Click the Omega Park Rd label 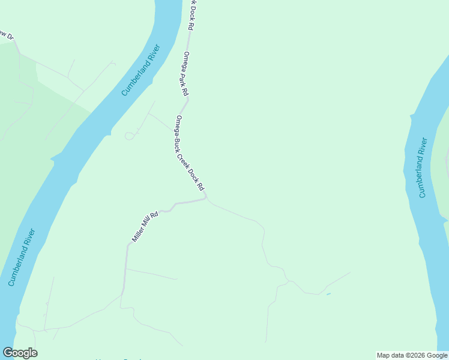pyautogui.click(x=185, y=74)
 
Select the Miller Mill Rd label pyautogui.click(x=145, y=226)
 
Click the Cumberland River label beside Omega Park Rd pyautogui.click(x=142, y=70)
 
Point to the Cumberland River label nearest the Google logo pyautogui.click(x=22, y=256)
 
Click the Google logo pyautogui.click(x=20, y=353)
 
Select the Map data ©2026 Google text pyautogui.click(x=412, y=355)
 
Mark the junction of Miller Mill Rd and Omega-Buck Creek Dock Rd pyautogui.click(x=205, y=196)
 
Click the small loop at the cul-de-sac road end pyautogui.click(x=129, y=136)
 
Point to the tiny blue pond pyautogui.click(x=328, y=294)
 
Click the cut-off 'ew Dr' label pyautogui.click(x=7, y=35)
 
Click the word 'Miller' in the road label pyautogui.click(x=139, y=233)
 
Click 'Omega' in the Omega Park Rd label pyautogui.click(x=187, y=61)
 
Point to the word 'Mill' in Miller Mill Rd pyautogui.click(x=149, y=220)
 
